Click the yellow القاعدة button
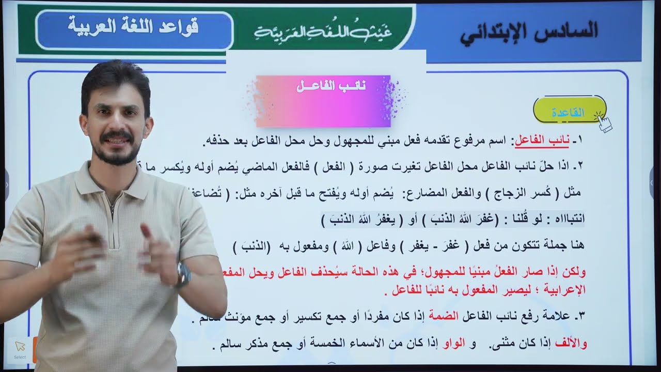[x=568, y=112]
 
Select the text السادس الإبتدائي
[x=529, y=31]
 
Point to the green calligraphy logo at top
[x=323, y=32]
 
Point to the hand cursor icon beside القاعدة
[x=603, y=122]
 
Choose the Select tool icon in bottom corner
[x=20, y=349]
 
